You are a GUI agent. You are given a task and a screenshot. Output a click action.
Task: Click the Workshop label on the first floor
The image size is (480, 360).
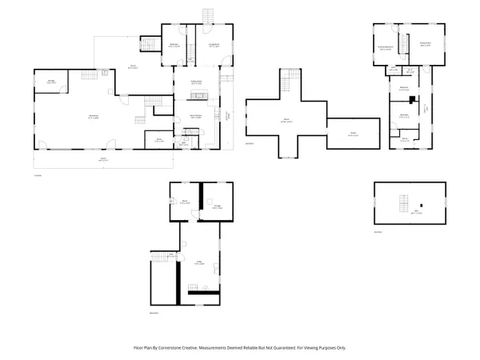[x=93, y=117]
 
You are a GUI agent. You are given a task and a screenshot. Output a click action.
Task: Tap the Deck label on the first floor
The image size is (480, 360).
[x=134, y=67]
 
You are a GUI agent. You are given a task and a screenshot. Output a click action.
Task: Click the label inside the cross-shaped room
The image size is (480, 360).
[x=286, y=121]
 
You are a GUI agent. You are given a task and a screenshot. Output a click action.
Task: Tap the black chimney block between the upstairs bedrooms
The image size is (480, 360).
[x=412, y=101]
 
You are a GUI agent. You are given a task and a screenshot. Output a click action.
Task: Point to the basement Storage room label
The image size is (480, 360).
[x=217, y=206]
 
